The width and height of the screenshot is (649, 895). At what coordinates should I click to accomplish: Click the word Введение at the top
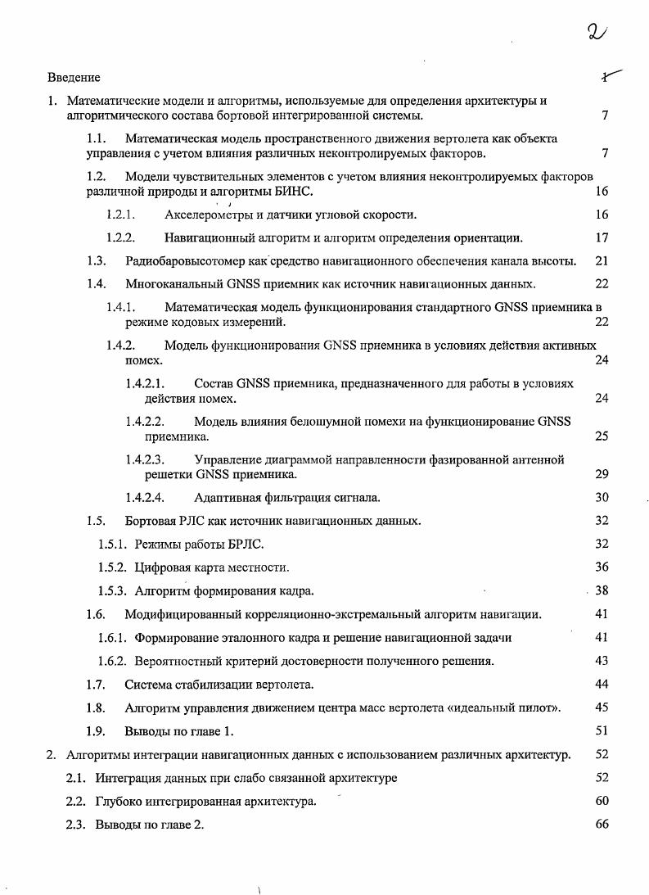[x=74, y=78]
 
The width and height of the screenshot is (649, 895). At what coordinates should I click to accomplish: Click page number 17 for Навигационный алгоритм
[x=602, y=238]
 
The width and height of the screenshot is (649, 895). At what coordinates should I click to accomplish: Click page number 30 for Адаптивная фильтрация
[x=602, y=497]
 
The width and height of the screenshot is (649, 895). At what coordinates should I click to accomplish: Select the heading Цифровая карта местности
[x=211, y=567]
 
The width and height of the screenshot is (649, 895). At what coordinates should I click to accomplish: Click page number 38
[x=602, y=590]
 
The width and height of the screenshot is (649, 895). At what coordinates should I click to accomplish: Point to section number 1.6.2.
[x=111, y=661]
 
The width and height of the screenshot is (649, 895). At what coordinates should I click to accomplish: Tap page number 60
[x=602, y=801]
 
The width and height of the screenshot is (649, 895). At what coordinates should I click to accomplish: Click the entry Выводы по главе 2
[x=149, y=825]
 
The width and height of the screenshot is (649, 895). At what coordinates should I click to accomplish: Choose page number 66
[x=602, y=825]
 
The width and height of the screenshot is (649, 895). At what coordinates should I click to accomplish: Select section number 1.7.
[x=96, y=685]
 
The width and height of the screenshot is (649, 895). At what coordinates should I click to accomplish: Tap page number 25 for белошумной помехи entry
[x=602, y=436]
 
